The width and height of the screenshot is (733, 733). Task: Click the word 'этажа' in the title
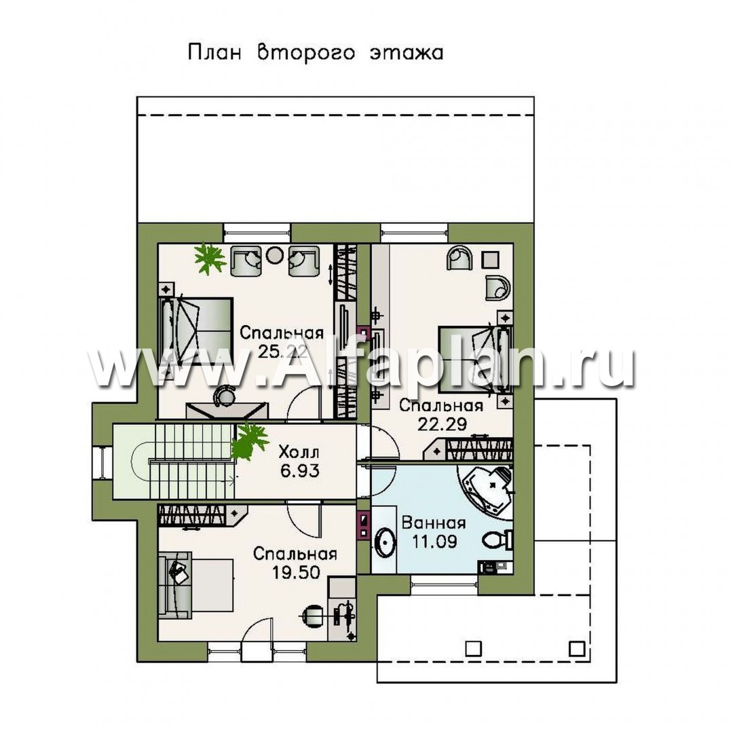[x=407, y=53]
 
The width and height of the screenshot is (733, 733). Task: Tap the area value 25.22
[x=282, y=352]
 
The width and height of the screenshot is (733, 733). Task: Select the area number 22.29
[x=442, y=424]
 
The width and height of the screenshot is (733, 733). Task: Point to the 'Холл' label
[x=299, y=453]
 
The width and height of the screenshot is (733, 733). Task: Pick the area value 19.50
[x=295, y=571]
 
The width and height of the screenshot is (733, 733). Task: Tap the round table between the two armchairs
[x=274, y=255]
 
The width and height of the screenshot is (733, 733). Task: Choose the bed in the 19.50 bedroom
[x=195, y=585]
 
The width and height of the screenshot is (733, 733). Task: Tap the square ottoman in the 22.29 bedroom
[x=491, y=259]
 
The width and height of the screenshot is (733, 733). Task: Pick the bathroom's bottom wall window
[x=445, y=583]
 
